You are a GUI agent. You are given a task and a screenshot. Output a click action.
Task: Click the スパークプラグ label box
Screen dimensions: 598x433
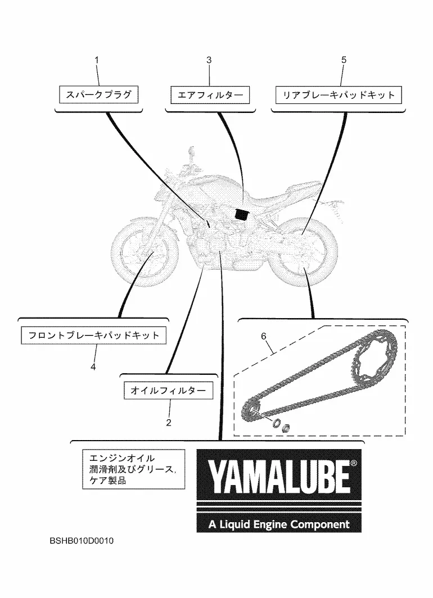point(98,94)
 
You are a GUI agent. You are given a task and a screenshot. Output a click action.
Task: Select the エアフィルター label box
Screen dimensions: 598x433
point(210,95)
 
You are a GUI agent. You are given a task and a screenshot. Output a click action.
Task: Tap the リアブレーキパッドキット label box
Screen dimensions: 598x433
point(339,95)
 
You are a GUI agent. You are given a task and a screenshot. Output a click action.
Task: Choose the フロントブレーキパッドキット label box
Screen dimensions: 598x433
point(93,336)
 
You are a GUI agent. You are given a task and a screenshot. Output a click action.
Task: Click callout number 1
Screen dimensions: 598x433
point(96,60)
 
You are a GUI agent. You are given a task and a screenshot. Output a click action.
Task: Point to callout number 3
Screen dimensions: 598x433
point(209,60)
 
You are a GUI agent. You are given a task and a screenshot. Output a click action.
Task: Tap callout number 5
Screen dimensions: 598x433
point(344,60)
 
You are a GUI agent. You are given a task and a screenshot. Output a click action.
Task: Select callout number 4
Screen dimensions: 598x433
point(93,366)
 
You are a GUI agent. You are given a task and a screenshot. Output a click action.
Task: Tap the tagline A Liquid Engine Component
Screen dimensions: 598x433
point(279,524)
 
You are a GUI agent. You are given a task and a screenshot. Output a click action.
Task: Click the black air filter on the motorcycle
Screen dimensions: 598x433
point(242,214)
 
